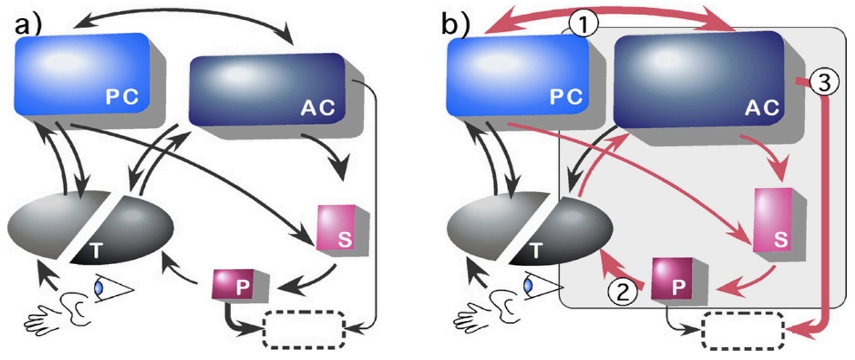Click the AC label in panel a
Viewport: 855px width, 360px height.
317,108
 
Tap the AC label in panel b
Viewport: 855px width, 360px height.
761,108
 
